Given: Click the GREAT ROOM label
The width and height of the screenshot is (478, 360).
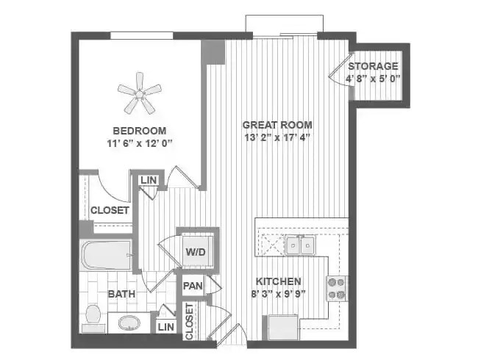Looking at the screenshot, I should click(x=278, y=124).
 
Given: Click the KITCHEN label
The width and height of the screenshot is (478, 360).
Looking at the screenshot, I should click(x=278, y=281).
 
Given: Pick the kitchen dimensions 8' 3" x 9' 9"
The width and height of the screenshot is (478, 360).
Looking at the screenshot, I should click(x=278, y=294).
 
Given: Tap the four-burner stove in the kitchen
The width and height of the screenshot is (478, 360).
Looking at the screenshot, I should click(x=336, y=288).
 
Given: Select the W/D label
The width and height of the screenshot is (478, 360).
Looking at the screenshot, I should click(x=195, y=251).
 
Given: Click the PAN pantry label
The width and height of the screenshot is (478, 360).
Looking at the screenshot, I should click(x=193, y=285).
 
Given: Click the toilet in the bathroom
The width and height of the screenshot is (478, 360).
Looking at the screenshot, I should click(x=93, y=315).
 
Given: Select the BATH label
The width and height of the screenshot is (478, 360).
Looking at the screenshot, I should click(x=121, y=295).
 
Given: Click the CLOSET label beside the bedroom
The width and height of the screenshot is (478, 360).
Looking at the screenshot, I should click(x=110, y=210).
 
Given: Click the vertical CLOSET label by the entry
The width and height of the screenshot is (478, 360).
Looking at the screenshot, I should click(x=189, y=322).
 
